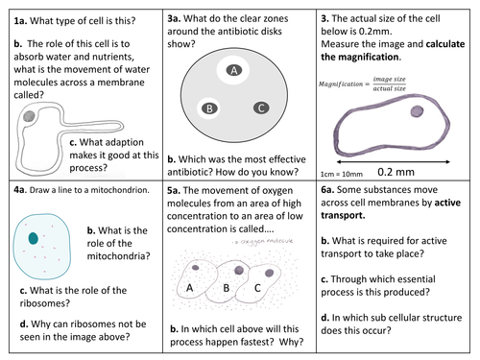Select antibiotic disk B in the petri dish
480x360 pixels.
tap(207, 108)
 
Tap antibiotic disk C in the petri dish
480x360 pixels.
tap(257, 108)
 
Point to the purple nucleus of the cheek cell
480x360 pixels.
tap(418, 111)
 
